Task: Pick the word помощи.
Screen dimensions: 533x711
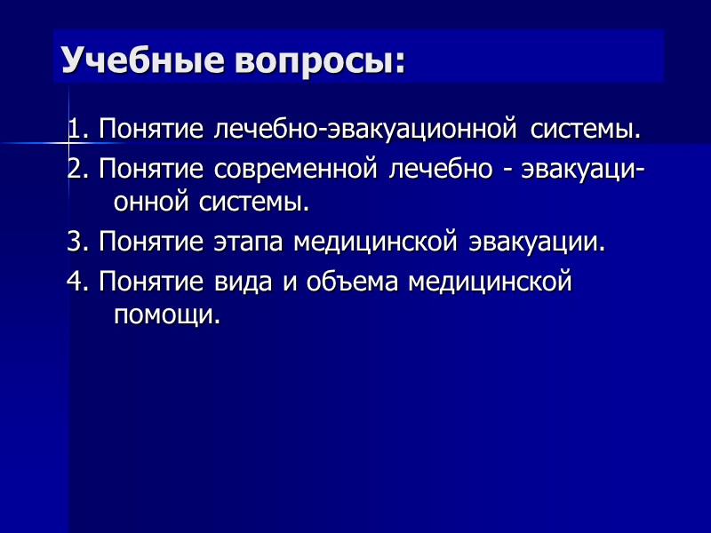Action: click(x=166, y=314)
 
